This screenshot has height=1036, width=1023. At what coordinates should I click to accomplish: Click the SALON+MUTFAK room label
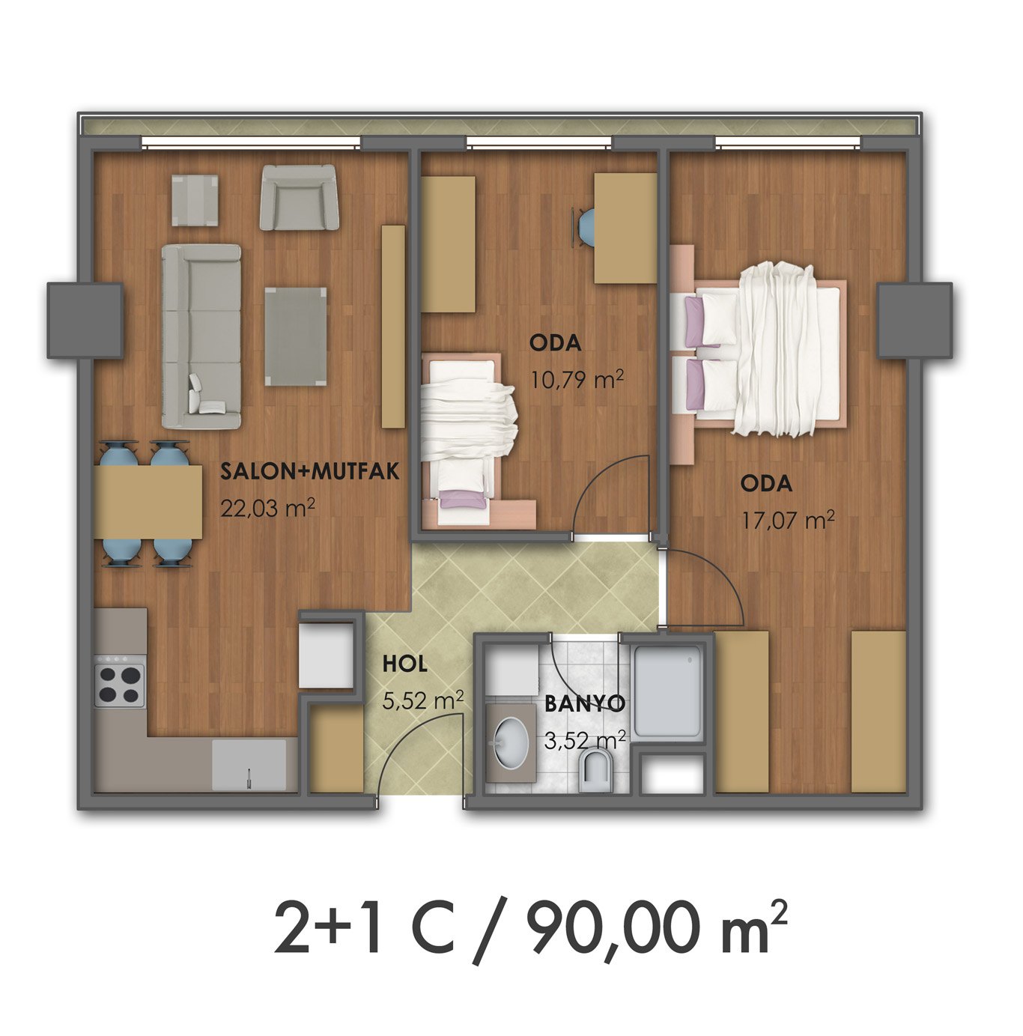(x=310, y=471)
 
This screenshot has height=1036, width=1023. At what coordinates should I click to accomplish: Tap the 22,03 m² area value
(x=267, y=508)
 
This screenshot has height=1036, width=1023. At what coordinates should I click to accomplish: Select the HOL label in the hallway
(x=405, y=664)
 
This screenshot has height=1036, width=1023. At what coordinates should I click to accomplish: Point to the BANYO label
(x=584, y=703)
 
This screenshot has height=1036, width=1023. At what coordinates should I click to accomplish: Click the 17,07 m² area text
(x=788, y=520)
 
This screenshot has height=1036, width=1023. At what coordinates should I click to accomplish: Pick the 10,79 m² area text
(x=577, y=380)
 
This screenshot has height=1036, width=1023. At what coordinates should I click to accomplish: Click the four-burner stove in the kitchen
(x=119, y=685)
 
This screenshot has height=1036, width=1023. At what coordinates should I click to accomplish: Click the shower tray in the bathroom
(x=667, y=691)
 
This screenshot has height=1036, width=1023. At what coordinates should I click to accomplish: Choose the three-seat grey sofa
(x=201, y=336)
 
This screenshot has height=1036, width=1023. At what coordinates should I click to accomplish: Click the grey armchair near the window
(x=299, y=197)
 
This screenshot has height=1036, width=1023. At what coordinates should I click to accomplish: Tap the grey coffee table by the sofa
(x=296, y=336)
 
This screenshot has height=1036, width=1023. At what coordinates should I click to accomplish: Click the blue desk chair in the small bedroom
(x=585, y=227)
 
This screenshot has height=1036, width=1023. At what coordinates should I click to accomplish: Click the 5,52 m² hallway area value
(x=423, y=700)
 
